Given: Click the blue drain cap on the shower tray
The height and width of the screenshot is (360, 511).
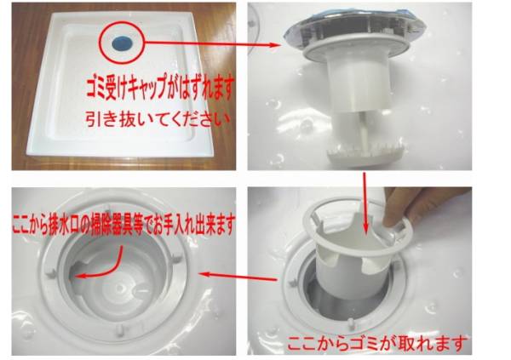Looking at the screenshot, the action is [121, 43].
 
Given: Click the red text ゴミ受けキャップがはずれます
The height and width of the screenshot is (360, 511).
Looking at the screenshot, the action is [160, 87].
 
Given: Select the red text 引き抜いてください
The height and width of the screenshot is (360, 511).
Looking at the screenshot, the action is [158, 119].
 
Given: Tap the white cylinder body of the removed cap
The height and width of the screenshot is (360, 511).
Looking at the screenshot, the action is [358, 85].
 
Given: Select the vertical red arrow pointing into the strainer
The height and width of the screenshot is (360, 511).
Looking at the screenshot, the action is [365, 203].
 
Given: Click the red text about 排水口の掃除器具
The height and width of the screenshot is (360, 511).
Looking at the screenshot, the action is [123, 224].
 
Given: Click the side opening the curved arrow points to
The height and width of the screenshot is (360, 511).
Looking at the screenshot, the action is [76, 273].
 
